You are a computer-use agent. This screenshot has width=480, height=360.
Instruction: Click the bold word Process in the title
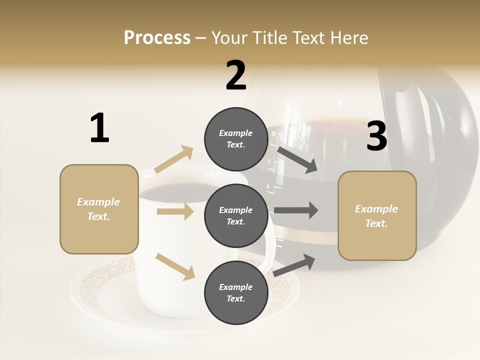coord(157,38)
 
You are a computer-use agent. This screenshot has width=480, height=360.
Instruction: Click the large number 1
coord(99,128)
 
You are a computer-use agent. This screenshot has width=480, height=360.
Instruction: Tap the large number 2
coord(236,75)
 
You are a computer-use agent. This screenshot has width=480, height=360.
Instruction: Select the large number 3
coord(377,136)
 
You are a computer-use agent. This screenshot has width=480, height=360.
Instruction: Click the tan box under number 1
coord(99,209)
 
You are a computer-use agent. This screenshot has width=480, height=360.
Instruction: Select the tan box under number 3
coord(377,215)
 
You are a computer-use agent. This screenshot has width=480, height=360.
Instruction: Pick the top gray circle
coord(236,138)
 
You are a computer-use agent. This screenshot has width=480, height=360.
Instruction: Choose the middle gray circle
coord(236,215)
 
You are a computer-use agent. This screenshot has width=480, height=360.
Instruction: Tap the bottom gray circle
coord(236,292)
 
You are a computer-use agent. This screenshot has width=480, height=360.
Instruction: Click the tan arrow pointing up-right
coord(174,159)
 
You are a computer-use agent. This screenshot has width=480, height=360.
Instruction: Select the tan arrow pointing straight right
coord(175,211)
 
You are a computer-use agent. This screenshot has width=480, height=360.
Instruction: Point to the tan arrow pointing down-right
coord(175,266)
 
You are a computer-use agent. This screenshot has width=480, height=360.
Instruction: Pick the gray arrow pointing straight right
coord(296,210)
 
